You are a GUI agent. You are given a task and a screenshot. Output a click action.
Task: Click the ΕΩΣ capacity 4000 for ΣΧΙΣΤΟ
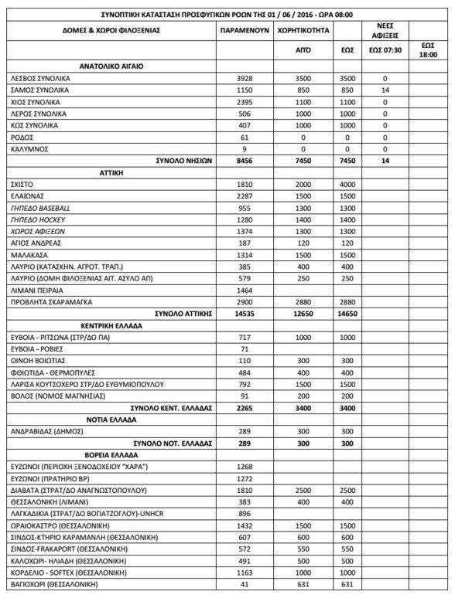click(348, 185)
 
